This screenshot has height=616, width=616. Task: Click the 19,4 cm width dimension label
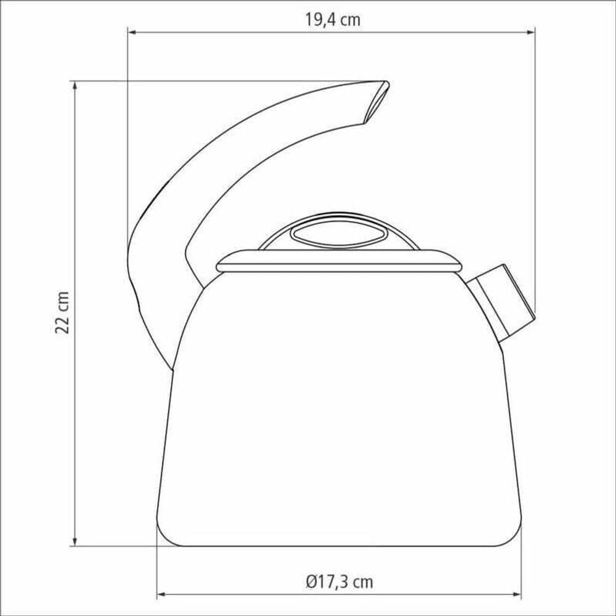(x=333, y=20)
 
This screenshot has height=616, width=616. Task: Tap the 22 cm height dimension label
(x=62, y=313)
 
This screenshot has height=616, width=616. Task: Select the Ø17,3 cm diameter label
(x=339, y=582)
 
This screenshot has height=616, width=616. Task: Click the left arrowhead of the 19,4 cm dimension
(x=132, y=32)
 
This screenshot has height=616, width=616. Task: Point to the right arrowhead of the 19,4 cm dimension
(x=530, y=32)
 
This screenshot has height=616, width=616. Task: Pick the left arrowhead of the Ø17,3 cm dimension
(x=161, y=594)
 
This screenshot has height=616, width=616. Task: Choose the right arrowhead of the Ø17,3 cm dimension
(x=517, y=594)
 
